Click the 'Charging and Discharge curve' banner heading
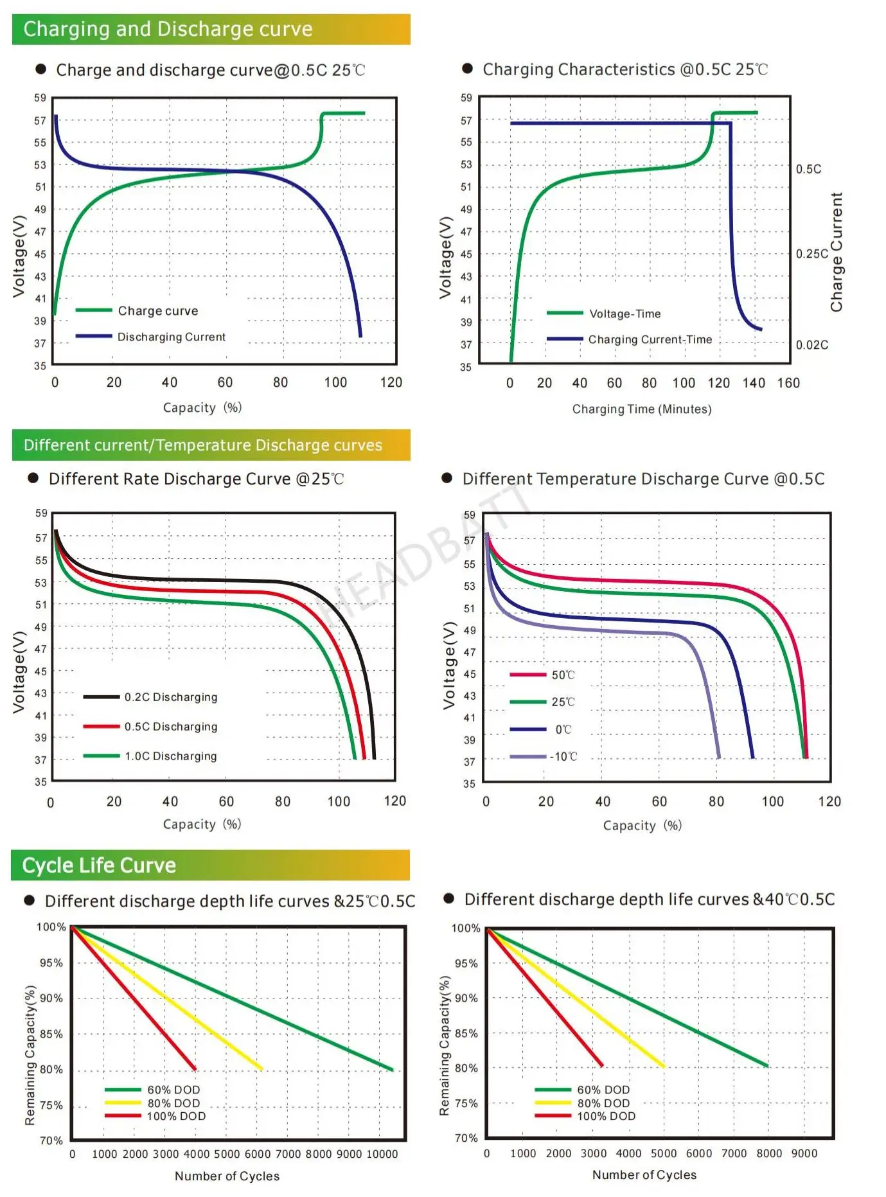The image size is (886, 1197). click(168, 29)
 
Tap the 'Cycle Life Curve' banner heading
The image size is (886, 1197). click(99, 865)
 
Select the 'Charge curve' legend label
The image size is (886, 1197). click(158, 311)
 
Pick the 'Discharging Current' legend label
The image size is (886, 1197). click(171, 337)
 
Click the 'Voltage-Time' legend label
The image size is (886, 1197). click(625, 314)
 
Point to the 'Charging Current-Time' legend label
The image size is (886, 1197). click(650, 339)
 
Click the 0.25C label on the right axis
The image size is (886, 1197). click(811, 254)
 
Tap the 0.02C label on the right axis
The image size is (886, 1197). click(812, 345)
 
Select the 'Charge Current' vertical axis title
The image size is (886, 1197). click(836, 253)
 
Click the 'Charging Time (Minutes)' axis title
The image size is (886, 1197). click(642, 409)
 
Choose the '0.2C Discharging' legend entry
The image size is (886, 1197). click(171, 697)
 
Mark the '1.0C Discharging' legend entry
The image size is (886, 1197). click(171, 756)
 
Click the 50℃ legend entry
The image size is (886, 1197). click(563, 675)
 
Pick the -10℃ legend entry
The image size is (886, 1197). click(563, 757)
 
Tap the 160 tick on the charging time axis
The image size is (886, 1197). click(788, 383)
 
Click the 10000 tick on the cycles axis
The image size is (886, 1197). click(382, 1154)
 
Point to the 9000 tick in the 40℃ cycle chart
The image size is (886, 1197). click(804, 1153)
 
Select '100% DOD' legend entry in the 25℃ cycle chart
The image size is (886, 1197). click(176, 1116)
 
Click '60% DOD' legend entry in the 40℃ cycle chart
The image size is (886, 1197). click(603, 1090)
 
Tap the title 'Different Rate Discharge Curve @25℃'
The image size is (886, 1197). click(196, 479)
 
